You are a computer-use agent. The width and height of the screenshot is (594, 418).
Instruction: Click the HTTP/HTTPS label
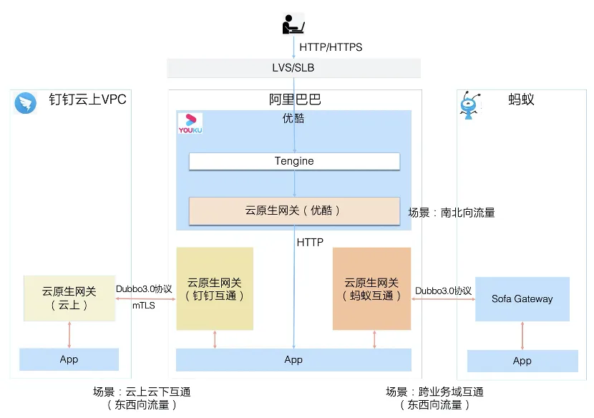(331, 47)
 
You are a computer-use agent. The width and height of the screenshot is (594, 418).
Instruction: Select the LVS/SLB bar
(293, 68)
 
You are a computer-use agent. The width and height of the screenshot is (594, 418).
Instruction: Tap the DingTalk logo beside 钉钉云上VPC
(26, 103)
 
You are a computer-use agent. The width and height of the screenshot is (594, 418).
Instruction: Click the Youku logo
(190, 123)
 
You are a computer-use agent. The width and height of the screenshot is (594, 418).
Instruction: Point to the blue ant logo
(469, 104)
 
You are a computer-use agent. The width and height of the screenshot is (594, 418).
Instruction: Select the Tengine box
(294, 161)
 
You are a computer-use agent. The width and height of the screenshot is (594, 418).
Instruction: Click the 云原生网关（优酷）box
(294, 211)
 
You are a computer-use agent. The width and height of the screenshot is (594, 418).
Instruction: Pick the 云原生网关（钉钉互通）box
(215, 288)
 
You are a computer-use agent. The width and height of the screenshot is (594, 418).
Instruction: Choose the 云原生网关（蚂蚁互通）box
(371, 288)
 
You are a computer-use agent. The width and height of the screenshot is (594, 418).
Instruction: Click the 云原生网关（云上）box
(69, 298)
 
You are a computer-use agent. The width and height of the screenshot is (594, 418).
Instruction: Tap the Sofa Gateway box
(522, 299)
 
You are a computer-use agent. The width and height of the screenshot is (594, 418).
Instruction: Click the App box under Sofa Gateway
(522, 361)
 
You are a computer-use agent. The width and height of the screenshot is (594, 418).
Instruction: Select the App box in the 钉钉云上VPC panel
(69, 359)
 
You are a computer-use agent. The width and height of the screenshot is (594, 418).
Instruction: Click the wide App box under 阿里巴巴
(293, 360)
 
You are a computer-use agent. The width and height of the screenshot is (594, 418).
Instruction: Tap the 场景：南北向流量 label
(452, 213)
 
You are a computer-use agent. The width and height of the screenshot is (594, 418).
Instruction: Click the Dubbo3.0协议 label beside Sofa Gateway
(443, 291)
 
